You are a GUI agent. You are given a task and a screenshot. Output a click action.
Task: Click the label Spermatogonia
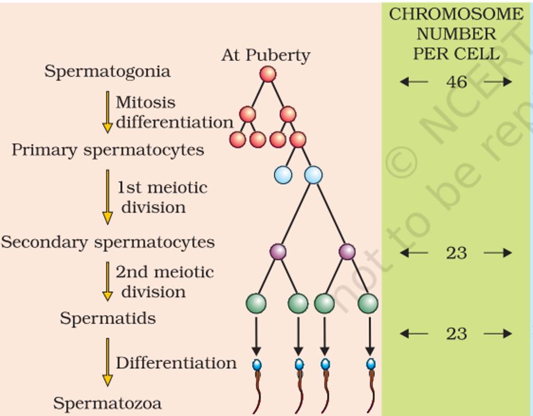(x=107, y=71)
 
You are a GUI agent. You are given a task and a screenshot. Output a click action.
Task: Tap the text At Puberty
(x=265, y=55)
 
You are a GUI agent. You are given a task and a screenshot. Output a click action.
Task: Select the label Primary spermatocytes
(x=108, y=150)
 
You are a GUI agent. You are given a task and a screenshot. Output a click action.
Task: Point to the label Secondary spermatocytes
(x=108, y=242)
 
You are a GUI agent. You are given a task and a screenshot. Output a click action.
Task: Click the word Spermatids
(x=108, y=318)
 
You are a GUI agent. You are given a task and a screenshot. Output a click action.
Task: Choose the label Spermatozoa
(x=108, y=403)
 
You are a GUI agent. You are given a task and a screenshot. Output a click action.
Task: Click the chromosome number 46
(x=456, y=82)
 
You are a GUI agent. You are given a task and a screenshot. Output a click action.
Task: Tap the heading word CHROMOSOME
(x=456, y=14)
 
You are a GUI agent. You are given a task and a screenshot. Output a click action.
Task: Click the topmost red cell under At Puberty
(x=268, y=74)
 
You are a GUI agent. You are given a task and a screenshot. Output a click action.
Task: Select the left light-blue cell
(x=283, y=175)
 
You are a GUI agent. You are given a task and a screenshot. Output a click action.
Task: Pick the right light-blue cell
(x=313, y=175)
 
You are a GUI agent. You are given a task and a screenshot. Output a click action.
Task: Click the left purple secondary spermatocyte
(x=278, y=252)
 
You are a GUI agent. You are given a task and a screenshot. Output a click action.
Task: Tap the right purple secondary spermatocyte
(x=347, y=252)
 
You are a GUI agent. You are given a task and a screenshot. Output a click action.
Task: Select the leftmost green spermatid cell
(x=256, y=303)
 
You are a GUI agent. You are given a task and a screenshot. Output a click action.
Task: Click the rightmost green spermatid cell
(x=368, y=303)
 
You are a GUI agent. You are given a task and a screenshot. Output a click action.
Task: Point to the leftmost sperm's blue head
(x=257, y=364)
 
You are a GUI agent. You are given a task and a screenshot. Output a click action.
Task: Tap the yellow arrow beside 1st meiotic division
(x=108, y=197)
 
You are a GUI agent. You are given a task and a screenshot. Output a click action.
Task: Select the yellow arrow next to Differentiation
(x=108, y=362)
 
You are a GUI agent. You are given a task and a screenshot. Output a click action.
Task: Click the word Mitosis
(x=145, y=102)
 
